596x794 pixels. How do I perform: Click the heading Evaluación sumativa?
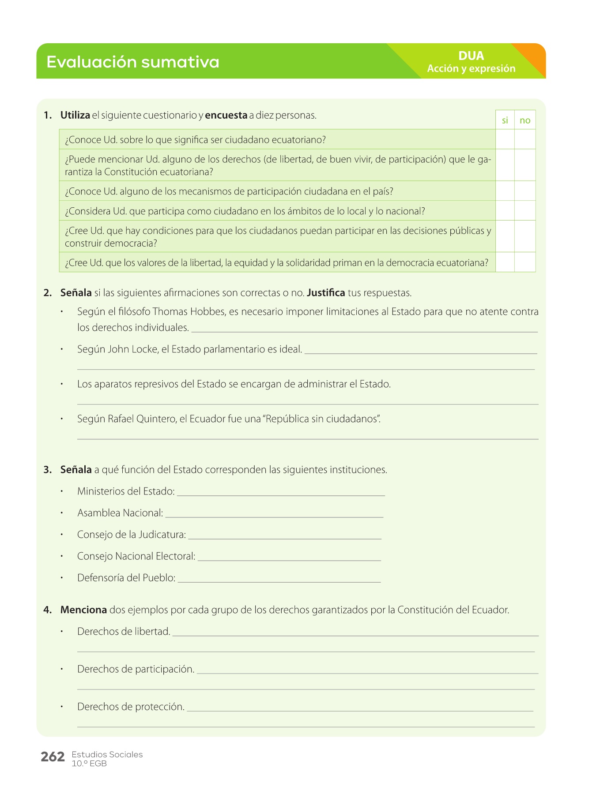tap(132, 62)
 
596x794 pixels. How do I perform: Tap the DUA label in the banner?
tap(471, 56)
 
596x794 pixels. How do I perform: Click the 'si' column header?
tap(505, 120)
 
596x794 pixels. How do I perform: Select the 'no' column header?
tap(525, 120)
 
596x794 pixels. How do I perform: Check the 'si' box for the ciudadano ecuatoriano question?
tap(505, 139)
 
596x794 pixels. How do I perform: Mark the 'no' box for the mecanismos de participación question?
tap(525, 191)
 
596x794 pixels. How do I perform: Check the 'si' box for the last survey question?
tap(505, 262)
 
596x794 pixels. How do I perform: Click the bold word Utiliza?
tap(75, 116)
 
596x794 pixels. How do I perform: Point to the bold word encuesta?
tap(226, 116)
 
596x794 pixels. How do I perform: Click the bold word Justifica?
tap(326, 293)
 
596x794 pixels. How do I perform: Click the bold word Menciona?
tap(83, 610)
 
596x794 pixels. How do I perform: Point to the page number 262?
tap(53, 757)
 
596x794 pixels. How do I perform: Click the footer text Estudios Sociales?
tap(107, 755)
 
